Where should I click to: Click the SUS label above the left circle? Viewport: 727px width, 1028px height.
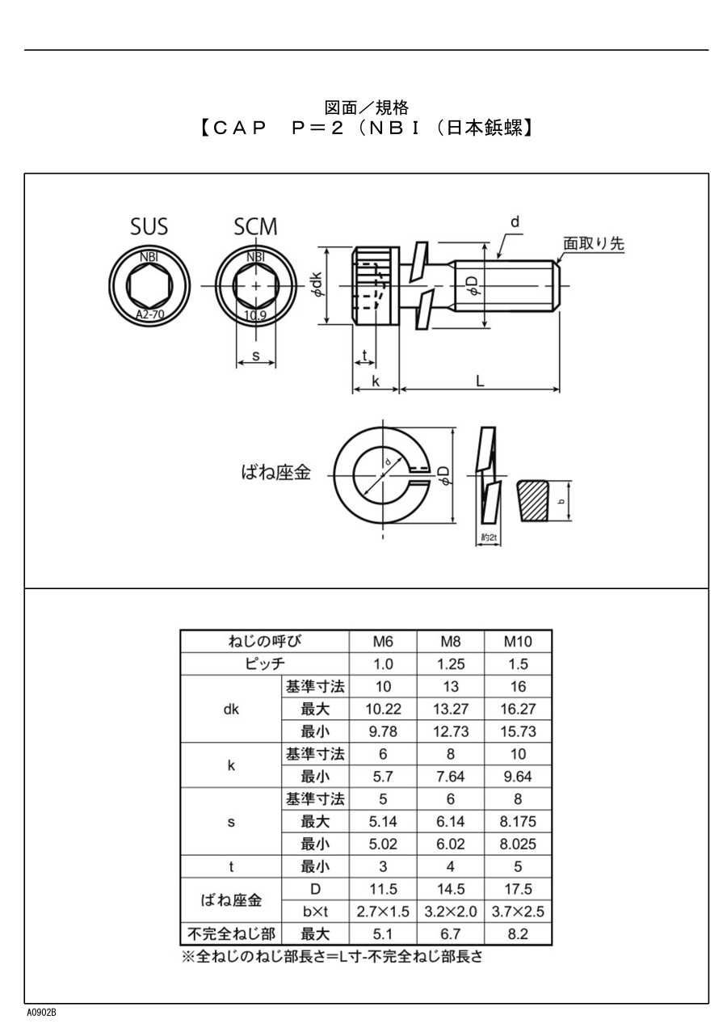tap(149, 227)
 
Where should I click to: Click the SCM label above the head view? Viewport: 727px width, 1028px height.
tap(255, 227)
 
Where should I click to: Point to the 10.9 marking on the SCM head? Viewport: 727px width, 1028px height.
tap(255, 315)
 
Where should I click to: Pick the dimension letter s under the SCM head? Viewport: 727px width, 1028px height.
tap(255, 355)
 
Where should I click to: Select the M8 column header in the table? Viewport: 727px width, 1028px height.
tap(451, 642)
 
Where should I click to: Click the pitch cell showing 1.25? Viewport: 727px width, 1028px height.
tap(451, 664)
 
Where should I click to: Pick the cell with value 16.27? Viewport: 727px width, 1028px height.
tap(518, 710)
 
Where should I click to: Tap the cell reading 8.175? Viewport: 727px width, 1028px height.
tap(518, 822)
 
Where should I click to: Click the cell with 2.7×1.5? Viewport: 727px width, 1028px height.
tap(383, 912)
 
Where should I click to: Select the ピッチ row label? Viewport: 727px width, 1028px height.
tap(265, 664)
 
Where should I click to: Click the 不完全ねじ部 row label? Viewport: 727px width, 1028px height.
tap(231, 934)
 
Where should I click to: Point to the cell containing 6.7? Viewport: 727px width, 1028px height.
tap(451, 934)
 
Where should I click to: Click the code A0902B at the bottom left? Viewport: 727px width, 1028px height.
tap(41, 1013)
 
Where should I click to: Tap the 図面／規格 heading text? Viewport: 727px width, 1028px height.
tap(366, 107)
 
